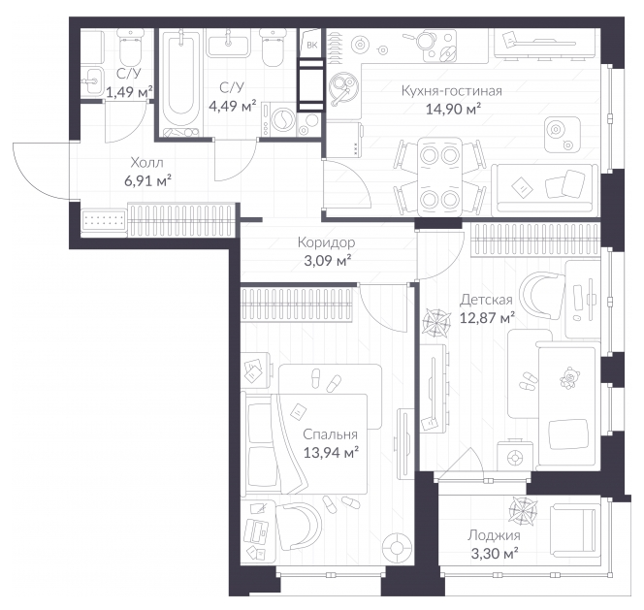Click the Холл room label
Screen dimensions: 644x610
[x=146, y=163]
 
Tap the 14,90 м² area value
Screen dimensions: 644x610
[x=453, y=110]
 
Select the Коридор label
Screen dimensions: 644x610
[x=326, y=242]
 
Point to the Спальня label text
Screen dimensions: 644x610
[x=330, y=434]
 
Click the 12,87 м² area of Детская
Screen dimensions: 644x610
[x=487, y=318]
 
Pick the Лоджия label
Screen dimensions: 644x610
[x=494, y=535]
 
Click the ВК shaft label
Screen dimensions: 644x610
[x=311, y=46]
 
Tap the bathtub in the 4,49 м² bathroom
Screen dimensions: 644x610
[x=181, y=82]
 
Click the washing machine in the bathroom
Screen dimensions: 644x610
[x=278, y=119]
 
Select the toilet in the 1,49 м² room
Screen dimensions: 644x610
[x=130, y=47]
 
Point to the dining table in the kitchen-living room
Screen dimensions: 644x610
[x=439, y=177]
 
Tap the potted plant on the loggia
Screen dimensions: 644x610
[x=523, y=510]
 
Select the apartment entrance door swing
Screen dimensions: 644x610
[x=41, y=171]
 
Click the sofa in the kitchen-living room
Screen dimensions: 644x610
[x=545, y=190]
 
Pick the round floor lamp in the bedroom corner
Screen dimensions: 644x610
[x=397, y=548]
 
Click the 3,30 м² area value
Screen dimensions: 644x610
[x=494, y=554]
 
